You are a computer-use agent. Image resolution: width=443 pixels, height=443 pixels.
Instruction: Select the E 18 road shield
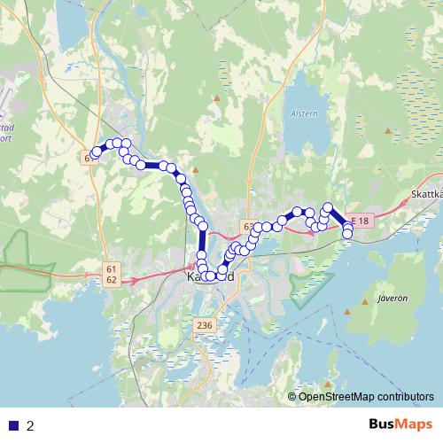(x=358, y=219)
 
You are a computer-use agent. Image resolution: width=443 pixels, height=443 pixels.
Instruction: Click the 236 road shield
(x=204, y=326)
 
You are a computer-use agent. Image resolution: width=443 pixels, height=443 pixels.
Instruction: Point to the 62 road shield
(x=111, y=279)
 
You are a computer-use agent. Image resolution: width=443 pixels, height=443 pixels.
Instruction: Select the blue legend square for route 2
(x=13, y=425)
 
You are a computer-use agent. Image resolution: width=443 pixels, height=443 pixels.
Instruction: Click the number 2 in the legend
(x=31, y=425)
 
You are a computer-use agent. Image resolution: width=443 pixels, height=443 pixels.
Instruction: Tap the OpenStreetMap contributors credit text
(x=366, y=396)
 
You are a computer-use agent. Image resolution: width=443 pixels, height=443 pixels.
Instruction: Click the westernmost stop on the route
(x=94, y=154)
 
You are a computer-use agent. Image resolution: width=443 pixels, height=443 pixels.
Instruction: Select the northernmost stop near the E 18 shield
(x=327, y=208)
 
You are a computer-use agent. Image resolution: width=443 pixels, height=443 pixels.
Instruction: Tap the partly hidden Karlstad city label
(x=211, y=277)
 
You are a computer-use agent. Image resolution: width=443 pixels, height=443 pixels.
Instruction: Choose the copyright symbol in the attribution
(x=291, y=396)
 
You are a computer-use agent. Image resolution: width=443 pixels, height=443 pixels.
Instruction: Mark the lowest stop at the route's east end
(x=347, y=234)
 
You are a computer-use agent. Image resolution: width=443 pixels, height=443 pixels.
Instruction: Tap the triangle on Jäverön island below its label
(x=364, y=311)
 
